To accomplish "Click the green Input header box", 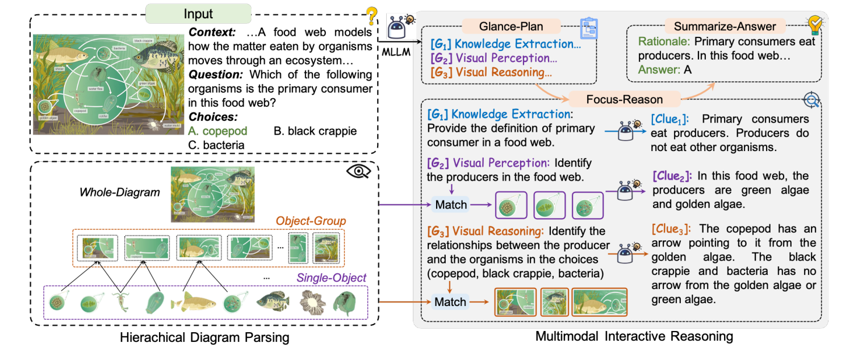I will pyautogui.click(x=199, y=14).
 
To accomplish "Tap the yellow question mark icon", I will pyautogui.click(x=371, y=16).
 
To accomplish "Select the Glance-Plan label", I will pyautogui.click(x=512, y=26).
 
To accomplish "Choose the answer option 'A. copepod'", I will pyautogui.click(x=218, y=131).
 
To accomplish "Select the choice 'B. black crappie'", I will pyautogui.click(x=315, y=131).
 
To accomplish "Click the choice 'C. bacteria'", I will pyautogui.click(x=216, y=144).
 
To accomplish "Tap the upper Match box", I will pyautogui.click(x=451, y=204).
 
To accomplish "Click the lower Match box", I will pyautogui.click(x=451, y=302).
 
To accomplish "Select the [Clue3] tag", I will pyautogui.click(x=671, y=228).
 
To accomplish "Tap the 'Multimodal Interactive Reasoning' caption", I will pyautogui.click(x=634, y=336).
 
